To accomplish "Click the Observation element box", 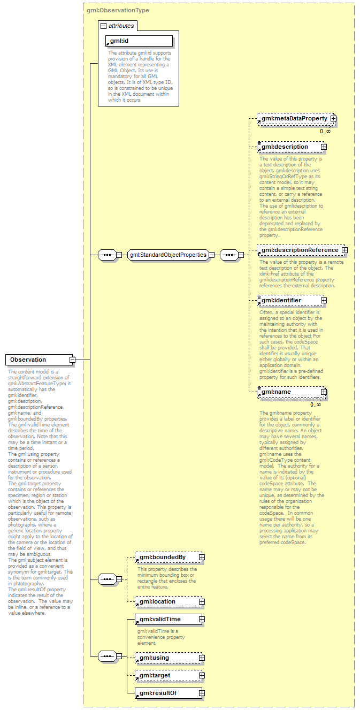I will pos(37,360).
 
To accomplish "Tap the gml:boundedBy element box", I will pos(166,558).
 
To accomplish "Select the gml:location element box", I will pos(166,601).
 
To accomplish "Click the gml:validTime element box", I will pos(166,619).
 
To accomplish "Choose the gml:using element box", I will pos(166,658).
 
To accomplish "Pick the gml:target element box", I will pos(166,675).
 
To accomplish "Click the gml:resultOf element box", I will pos(166,693).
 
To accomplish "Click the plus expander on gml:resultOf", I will pos(202,693).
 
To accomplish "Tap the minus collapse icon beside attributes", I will pos(103,26).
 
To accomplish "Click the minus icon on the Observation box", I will pos(72,360).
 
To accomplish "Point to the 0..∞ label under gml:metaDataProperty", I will pos(325,131).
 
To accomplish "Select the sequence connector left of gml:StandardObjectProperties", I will pos(108,255).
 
